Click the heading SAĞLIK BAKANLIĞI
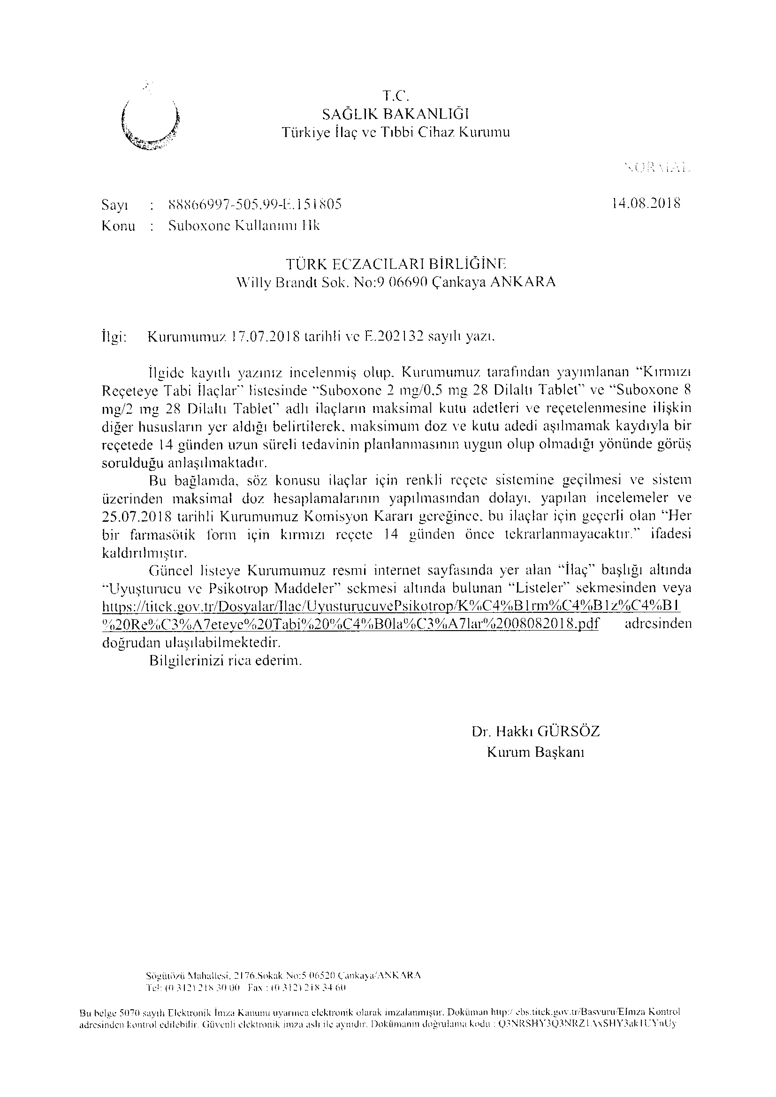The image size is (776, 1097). click(x=395, y=114)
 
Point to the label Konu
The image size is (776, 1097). click(x=119, y=226)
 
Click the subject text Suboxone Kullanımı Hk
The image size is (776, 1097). click(x=244, y=226)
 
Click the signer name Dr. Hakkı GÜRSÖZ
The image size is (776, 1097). click(x=535, y=731)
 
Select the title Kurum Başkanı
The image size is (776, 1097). click(x=535, y=753)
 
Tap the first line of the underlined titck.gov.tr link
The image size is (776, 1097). click(x=391, y=606)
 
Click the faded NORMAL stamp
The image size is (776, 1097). click(x=657, y=168)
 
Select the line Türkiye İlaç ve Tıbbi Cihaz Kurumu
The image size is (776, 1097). click(x=395, y=132)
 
